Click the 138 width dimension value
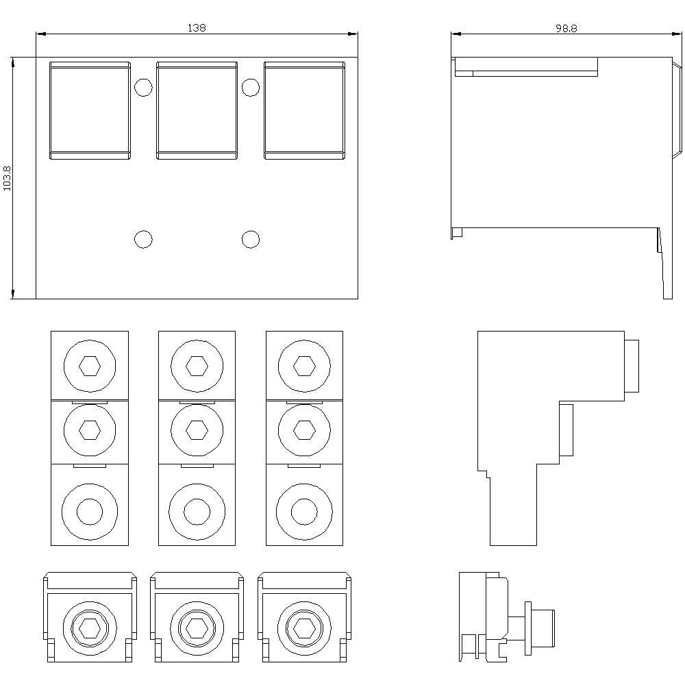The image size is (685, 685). click(197, 28)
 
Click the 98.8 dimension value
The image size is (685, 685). click(566, 28)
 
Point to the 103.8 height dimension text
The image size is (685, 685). click(7, 178)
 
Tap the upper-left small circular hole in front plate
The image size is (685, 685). click(143, 88)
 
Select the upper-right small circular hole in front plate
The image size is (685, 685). click(251, 88)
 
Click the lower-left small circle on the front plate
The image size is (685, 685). click(143, 239)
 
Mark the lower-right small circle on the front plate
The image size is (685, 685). click(251, 239)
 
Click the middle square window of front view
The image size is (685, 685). click(197, 110)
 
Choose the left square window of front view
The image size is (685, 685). click(90, 110)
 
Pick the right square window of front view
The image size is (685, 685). click(305, 110)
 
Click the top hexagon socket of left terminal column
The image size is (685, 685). click(90, 366)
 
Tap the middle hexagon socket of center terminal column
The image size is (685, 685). click(197, 430)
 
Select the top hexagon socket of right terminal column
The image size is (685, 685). click(305, 366)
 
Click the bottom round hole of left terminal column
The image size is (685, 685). click(90, 512)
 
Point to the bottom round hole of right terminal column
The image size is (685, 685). click(305, 512)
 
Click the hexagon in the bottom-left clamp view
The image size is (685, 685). click(90, 628)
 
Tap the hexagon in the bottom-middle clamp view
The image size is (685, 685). click(197, 628)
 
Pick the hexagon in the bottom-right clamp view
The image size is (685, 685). click(305, 628)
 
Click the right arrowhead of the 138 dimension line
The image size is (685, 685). click(353, 34)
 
